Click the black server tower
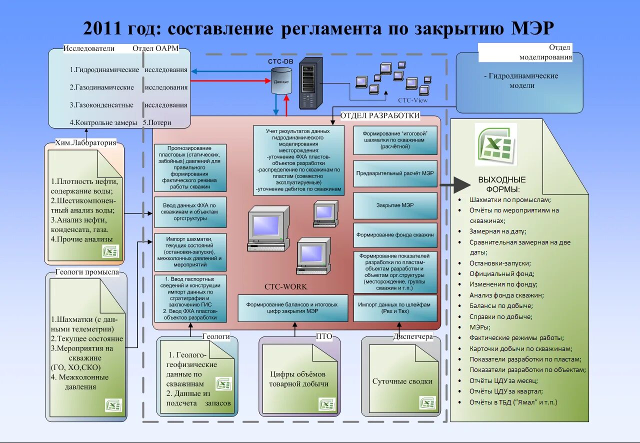click(310, 83)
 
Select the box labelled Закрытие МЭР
click(395, 205)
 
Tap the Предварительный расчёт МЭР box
click(395, 173)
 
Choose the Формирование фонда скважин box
click(395, 234)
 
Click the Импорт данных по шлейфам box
click(395, 307)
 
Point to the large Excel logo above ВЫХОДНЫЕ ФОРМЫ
click(495, 144)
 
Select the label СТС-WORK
click(286, 287)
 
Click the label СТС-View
click(412, 100)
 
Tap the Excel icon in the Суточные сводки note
click(427, 402)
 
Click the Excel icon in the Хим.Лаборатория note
click(110, 251)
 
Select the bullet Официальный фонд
click(501, 274)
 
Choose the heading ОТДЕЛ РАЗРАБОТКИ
click(380, 116)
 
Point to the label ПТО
click(324, 336)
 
